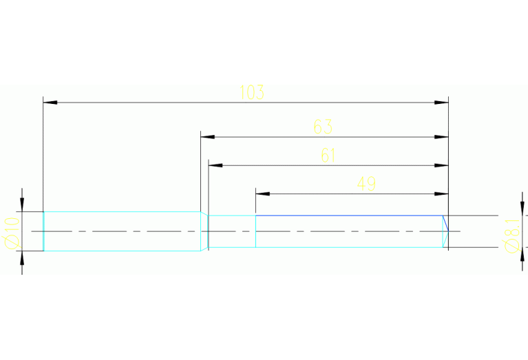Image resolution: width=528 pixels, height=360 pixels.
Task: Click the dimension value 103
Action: coord(252,92)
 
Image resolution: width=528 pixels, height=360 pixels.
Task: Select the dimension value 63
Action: coord(323,127)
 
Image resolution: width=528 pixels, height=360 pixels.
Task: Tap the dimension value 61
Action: coord(328,156)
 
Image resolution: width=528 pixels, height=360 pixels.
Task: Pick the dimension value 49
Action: coord(366,183)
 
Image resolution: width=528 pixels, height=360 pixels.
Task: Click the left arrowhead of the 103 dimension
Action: coord(50,103)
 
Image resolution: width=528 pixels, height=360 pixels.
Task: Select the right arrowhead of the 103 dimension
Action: coord(442,103)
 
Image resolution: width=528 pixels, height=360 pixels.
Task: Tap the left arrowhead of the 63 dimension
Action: coord(207,137)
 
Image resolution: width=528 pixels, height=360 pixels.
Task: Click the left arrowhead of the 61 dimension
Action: coord(216,165)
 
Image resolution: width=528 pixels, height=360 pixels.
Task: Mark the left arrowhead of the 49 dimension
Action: coord(262,193)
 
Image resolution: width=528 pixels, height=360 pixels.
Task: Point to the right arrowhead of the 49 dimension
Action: coord(442,193)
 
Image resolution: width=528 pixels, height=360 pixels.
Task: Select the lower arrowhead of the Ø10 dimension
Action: coord(22,258)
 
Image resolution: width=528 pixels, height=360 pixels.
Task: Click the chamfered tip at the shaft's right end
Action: coord(445,231)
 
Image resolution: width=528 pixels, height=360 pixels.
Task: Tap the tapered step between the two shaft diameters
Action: coord(204,231)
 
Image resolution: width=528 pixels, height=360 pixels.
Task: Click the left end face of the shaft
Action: coord(44,231)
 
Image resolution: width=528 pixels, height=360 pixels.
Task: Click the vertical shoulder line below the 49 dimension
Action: coord(255,231)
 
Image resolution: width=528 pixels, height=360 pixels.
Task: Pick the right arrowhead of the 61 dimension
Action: coord(442,165)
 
